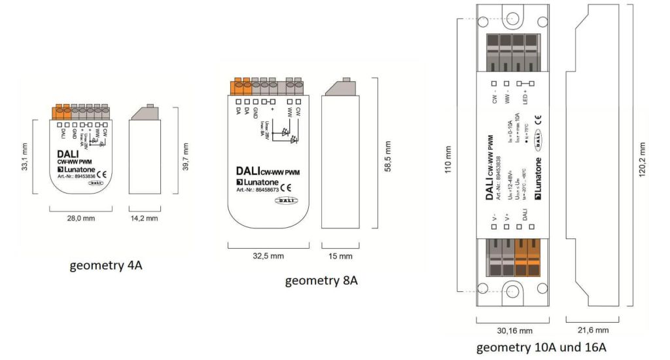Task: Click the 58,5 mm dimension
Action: click(389, 154)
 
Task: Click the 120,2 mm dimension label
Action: click(643, 157)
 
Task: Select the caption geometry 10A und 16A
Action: click(540, 347)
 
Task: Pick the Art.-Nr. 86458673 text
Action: click(258, 190)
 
